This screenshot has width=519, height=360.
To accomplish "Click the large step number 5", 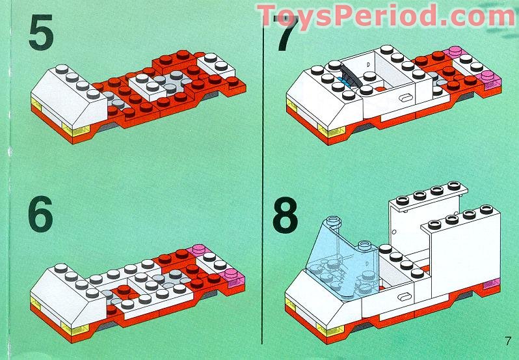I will click(x=40, y=34).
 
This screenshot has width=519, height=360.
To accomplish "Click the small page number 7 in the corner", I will click(x=507, y=340).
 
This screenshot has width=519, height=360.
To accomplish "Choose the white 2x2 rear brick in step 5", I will click(x=213, y=65).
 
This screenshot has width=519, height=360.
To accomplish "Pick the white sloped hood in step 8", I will click(x=312, y=286).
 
